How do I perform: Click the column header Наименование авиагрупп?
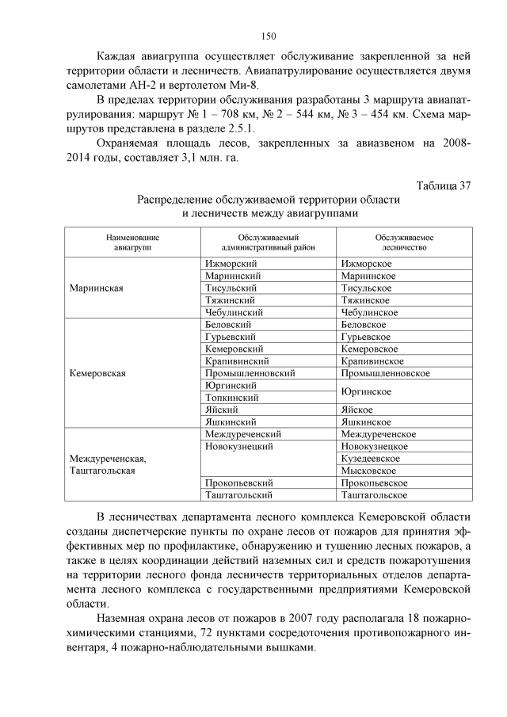coord(132,242)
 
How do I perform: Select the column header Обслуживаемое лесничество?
coord(404,242)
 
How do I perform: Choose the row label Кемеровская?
coord(98,372)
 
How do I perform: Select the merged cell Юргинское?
coord(368,391)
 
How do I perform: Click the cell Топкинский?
coord(231,397)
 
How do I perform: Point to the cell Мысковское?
coord(368,471)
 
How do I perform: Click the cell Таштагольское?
coord(374,494)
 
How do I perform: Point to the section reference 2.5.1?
coord(240,129)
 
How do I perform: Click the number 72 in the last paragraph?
coord(204,632)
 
